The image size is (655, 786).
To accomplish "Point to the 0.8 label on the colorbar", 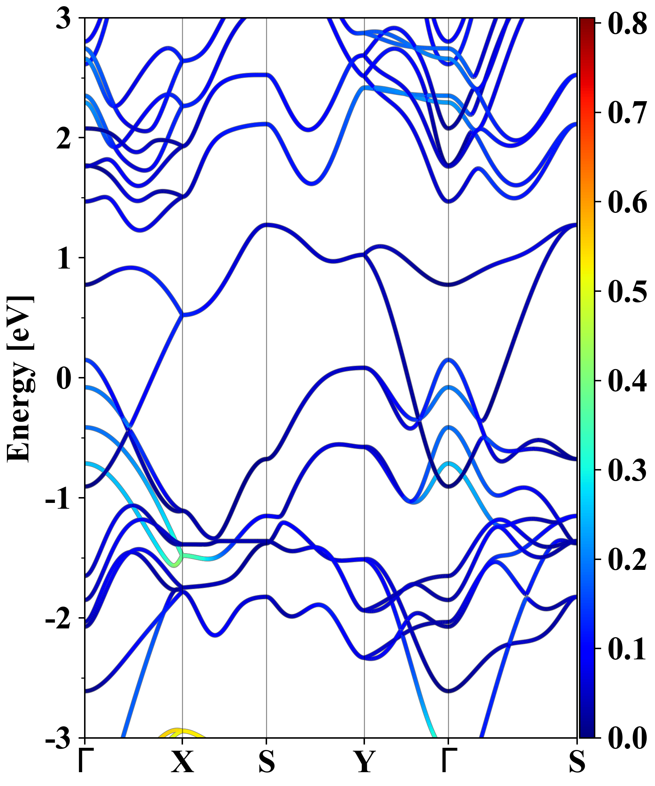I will pyautogui.click(x=627, y=24).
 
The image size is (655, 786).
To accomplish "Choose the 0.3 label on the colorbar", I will pyautogui.click(x=627, y=470).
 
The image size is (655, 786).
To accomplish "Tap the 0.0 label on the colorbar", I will pyautogui.click(x=627, y=738).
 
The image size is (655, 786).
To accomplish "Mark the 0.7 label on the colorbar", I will pyautogui.click(x=627, y=113).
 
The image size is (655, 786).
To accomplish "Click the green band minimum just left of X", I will pyautogui.click(x=174, y=565).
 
